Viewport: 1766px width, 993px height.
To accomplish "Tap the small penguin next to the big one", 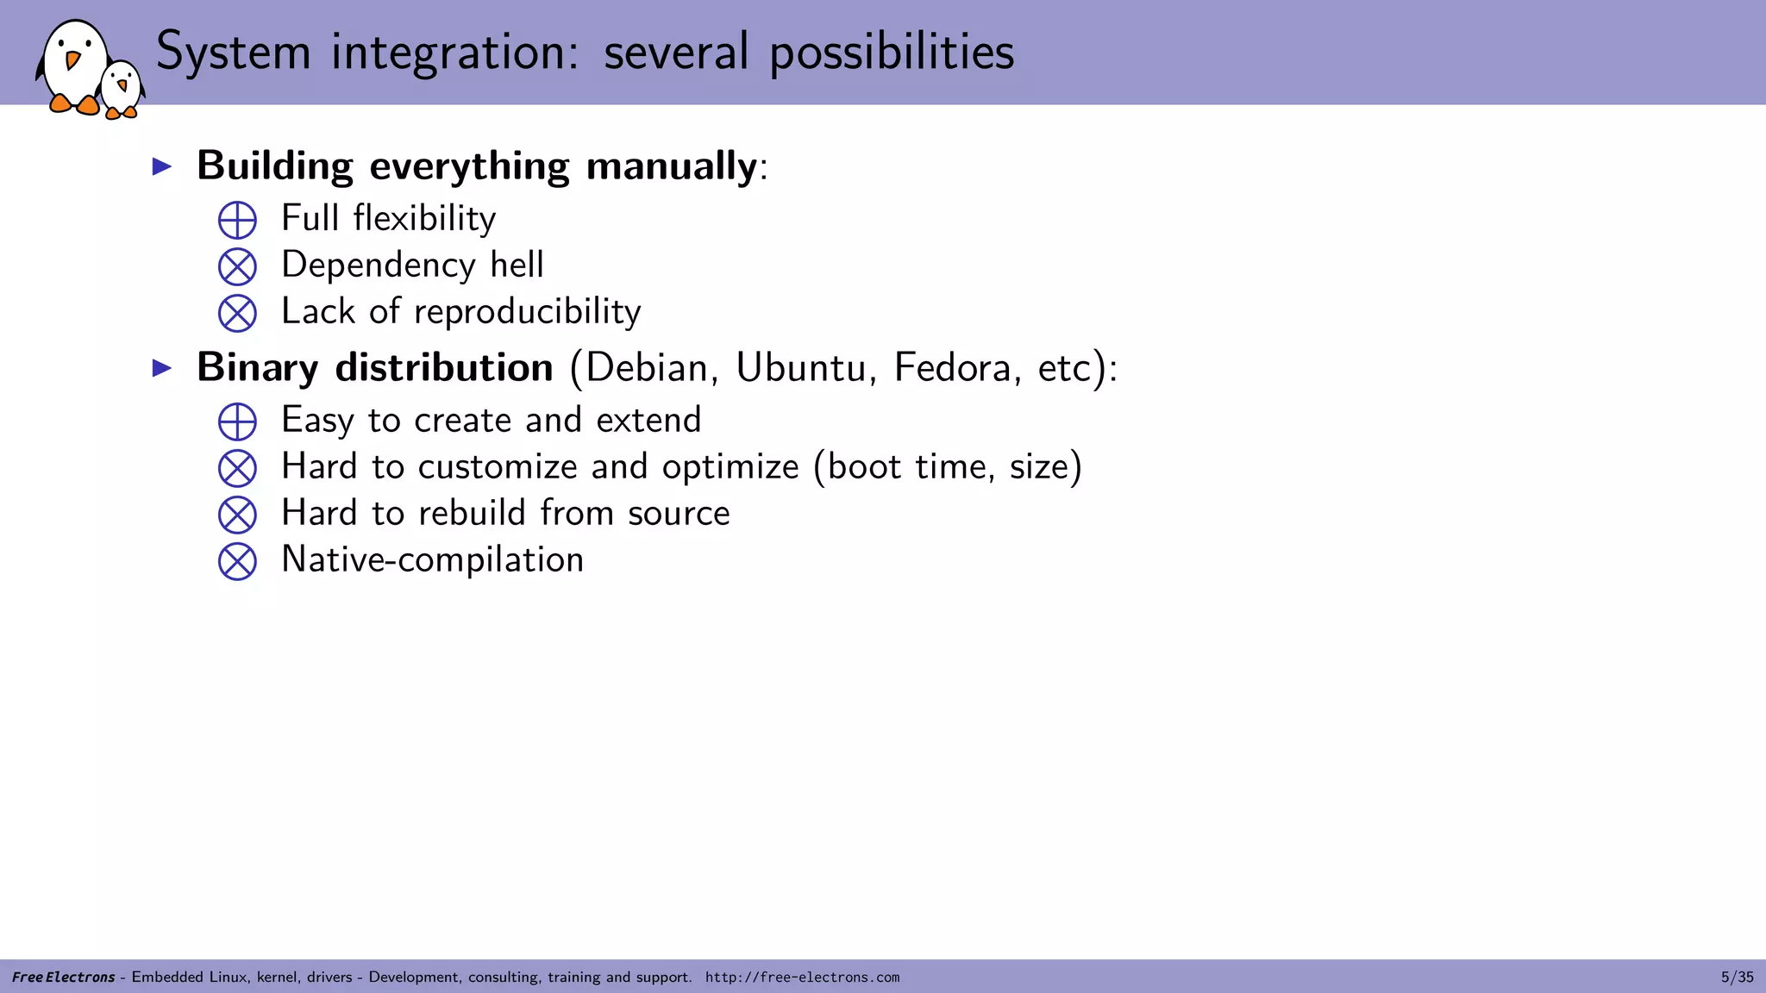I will tap(121, 89).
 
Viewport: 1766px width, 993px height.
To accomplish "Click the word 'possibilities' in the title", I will tap(892, 53).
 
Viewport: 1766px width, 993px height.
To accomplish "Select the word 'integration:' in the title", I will tap(455, 53).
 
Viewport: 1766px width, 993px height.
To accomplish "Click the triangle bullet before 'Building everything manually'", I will tap(162, 166).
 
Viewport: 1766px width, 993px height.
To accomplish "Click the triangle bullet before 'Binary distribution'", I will tap(162, 369).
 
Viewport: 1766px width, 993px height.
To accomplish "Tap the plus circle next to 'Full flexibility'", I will tap(237, 220).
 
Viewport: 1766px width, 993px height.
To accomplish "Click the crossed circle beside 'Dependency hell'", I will tap(237, 266).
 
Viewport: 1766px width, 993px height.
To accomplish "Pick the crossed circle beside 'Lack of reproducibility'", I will tap(237, 313).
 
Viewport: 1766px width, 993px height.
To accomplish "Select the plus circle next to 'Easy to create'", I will tap(237, 422).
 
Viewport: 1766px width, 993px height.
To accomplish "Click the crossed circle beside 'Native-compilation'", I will tap(237, 561).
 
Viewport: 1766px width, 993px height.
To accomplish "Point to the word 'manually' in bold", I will tap(671, 166).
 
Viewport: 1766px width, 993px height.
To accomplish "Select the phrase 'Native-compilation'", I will tap(433, 560).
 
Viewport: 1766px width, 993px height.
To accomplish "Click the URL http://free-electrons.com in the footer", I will tap(802, 977).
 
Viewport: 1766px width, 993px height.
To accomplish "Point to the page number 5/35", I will tap(1737, 977).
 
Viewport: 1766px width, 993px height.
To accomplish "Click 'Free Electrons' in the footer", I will tap(64, 977).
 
